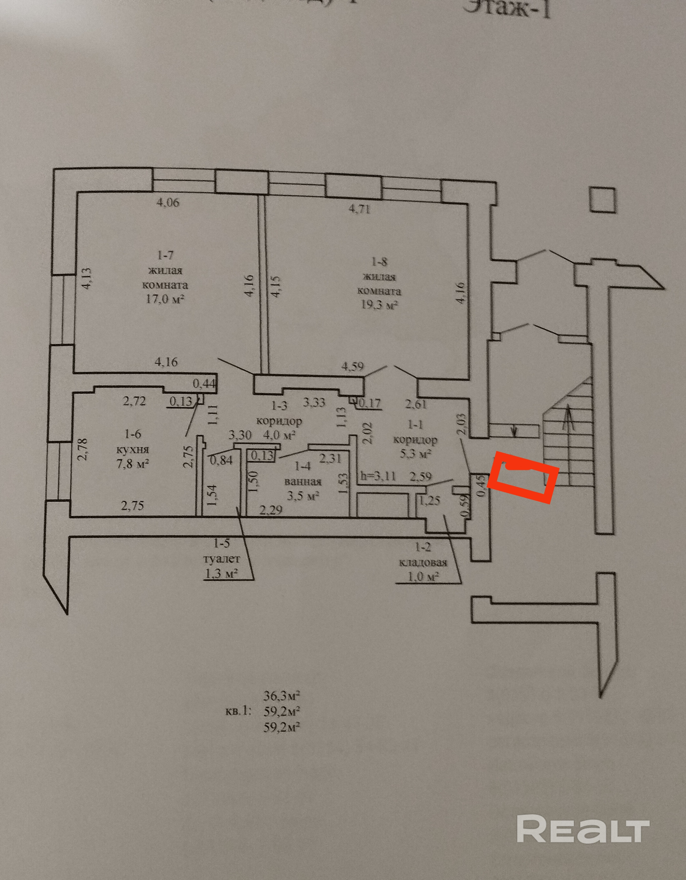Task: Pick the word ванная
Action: [x=303, y=482]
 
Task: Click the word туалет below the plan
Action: [x=222, y=560]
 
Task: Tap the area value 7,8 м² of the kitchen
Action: [x=131, y=464]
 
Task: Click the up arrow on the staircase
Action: [x=568, y=419]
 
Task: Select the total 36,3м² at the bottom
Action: [x=282, y=696]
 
